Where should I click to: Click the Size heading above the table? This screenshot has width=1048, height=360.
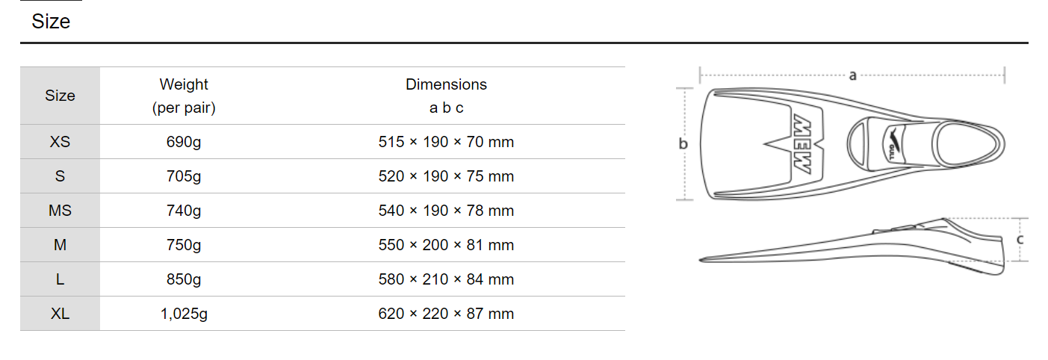click(x=51, y=22)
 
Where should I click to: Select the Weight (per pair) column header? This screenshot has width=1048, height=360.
click(x=184, y=96)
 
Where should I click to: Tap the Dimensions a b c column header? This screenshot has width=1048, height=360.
click(x=446, y=96)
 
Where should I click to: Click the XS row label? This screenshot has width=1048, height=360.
click(x=60, y=142)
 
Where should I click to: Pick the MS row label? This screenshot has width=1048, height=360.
click(x=60, y=211)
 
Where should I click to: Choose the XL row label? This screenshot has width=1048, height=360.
click(x=60, y=313)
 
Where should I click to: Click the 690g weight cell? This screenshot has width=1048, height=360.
click(x=184, y=142)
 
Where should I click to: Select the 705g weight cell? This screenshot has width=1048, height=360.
click(x=184, y=176)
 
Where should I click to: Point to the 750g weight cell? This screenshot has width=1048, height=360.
click(x=184, y=245)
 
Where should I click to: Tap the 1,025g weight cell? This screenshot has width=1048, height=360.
click(x=184, y=314)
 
